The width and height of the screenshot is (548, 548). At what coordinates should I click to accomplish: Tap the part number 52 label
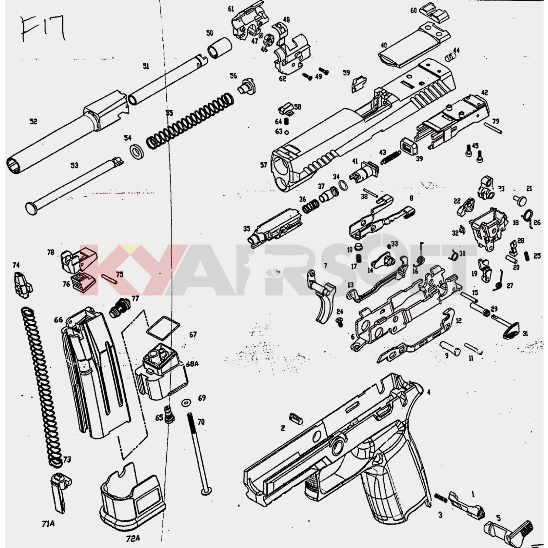pos(33,122)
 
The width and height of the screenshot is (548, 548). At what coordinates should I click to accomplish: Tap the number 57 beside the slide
pos(263,165)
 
